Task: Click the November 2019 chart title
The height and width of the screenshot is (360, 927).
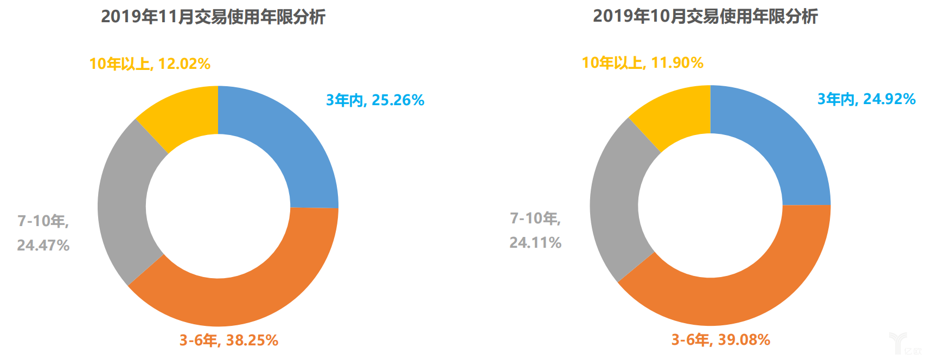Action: coord(213,17)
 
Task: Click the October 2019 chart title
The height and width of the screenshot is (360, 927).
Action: coord(705,16)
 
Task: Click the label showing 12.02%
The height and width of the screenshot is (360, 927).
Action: coord(150,64)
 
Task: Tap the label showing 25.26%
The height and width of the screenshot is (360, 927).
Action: coord(375,100)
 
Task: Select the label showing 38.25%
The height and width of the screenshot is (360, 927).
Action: coord(228,340)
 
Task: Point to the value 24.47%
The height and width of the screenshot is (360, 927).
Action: coord(43,246)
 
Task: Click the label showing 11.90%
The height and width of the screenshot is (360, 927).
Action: coord(642,63)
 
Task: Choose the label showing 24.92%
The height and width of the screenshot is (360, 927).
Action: coord(866,99)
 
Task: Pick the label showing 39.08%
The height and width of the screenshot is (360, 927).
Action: coord(720,340)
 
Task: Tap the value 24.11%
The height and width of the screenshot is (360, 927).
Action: coord(535,242)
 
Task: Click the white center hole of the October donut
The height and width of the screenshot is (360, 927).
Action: coord(710,205)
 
